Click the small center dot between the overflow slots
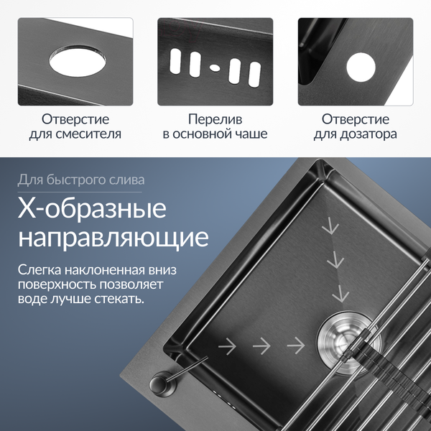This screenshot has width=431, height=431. click(x=215, y=68)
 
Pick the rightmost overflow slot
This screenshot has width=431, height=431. click(x=254, y=73)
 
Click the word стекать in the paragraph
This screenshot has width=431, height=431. click(x=119, y=297)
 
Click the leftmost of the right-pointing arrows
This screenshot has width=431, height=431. click(x=227, y=346)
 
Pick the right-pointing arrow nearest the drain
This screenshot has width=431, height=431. click(x=294, y=346)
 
